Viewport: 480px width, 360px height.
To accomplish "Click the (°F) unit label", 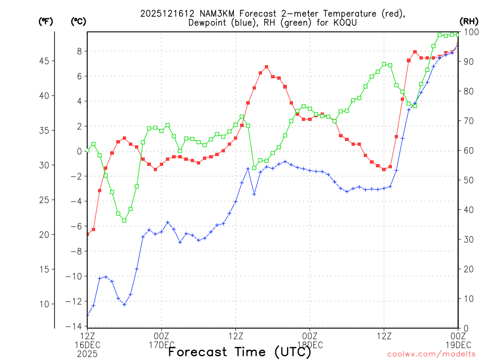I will [x=46, y=21].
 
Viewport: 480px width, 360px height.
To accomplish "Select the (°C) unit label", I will [x=78, y=21].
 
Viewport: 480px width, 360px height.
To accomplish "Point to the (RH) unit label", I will [x=469, y=21].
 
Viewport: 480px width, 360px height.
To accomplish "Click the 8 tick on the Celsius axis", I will [x=80, y=51].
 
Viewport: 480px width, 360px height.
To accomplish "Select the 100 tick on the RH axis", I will [x=471, y=32].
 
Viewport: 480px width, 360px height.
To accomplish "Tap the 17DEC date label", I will [x=162, y=345].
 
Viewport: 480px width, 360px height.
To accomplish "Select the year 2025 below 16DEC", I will [x=87, y=354].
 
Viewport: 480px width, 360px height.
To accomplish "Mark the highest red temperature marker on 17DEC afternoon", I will [x=266, y=67].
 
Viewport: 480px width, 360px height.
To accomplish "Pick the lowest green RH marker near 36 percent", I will [x=124, y=220].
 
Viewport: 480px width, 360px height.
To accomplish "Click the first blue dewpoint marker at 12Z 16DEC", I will [x=87, y=315].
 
